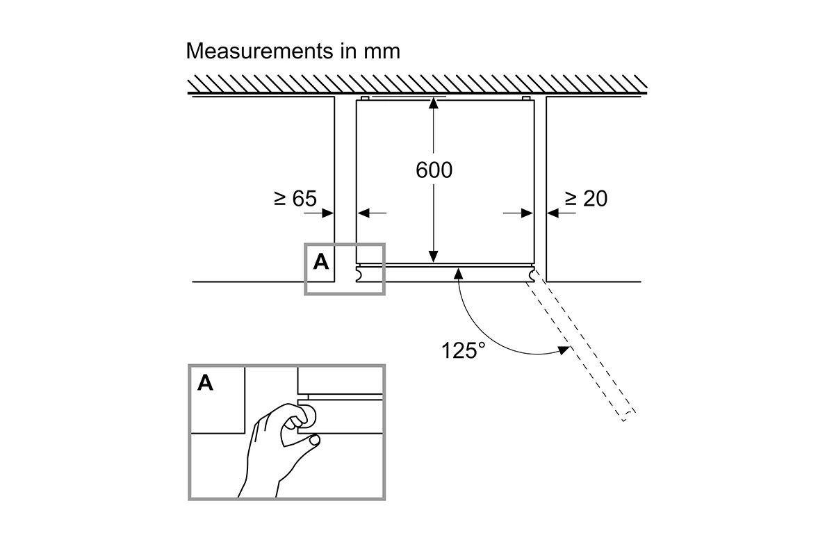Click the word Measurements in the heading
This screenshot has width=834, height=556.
[x=259, y=51]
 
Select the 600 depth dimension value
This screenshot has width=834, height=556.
[x=434, y=170]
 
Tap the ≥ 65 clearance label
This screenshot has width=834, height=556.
[x=295, y=198]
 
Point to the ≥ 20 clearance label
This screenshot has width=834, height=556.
[x=586, y=198]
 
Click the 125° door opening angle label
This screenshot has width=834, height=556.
[x=463, y=350]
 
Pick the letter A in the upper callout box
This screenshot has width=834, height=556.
[x=321, y=262]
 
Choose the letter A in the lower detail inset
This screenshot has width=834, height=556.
[x=205, y=382]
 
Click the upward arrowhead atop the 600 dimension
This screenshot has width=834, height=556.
[x=433, y=103]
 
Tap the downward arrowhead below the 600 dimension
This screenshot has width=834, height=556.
[x=433, y=256]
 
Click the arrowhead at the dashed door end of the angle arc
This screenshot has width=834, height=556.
[x=564, y=350]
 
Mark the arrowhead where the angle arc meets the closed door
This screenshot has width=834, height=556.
[x=458, y=274]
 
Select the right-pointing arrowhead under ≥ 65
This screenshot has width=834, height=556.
[x=327, y=213]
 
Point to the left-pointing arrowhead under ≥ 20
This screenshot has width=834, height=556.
[x=553, y=213]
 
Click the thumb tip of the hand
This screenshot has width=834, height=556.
[x=315, y=441]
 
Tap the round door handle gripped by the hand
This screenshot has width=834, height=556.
[x=309, y=416]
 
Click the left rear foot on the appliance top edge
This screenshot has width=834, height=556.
[x=366, y=98]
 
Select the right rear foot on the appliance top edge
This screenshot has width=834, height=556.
[x=526, y=98]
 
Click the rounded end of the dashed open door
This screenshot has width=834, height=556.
[x=629, y=416]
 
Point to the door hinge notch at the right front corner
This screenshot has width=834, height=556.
[x=531, y=276]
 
